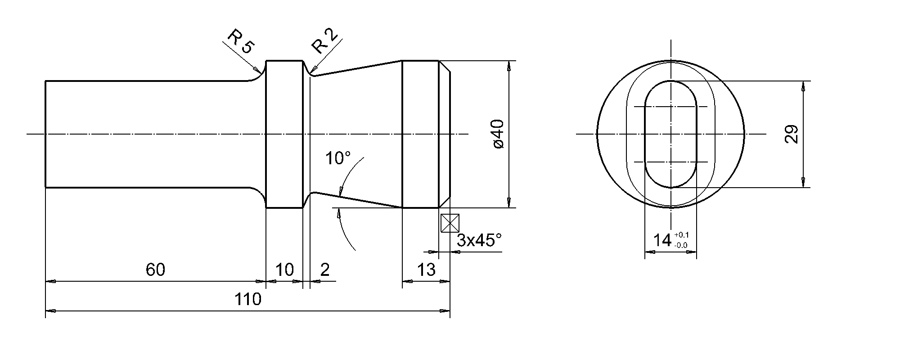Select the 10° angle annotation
[338, 158]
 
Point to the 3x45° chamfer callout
[479, 240]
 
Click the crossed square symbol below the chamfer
[450, 223]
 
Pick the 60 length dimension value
[155, 270]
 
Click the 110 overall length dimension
[247, 299]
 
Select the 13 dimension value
[426, 270]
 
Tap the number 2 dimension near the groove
[324, 270]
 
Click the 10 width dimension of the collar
[284, 270]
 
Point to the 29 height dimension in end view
[792, 134]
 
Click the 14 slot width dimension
[662, 241]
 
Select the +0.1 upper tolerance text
[681, 235]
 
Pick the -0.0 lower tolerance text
[681, 245]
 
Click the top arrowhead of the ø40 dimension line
[508, 65]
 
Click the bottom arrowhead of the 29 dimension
[803, 183]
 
